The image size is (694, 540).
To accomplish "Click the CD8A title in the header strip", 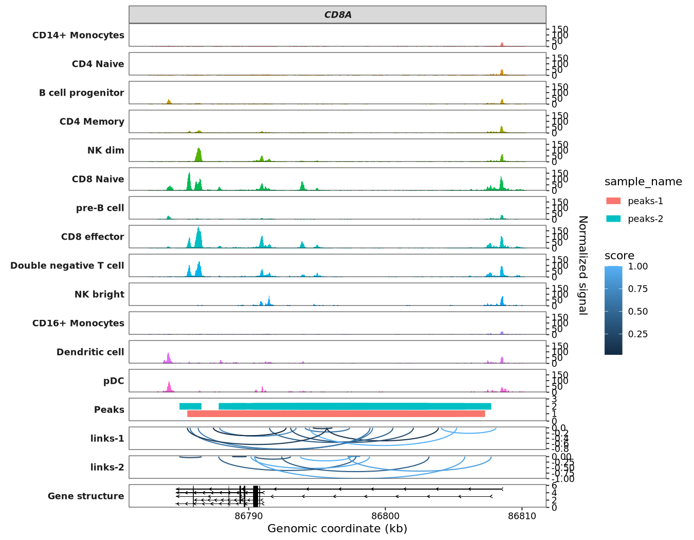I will (x=338, y=15).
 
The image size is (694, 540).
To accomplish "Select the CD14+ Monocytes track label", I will (x=78, y=35).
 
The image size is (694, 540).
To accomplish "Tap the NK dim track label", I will (x=105, y=151).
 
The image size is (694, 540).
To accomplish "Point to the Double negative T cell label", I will (x=67, y=266).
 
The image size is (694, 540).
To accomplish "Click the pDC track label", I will (x=114, y=381).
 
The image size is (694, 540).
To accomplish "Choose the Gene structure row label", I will (x=86, y=496).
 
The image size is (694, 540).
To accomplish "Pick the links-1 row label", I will (x=107, y=439).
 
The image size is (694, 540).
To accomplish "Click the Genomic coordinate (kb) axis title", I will (x=337, y=529).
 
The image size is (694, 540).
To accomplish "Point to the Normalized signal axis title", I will (x=582, y=265).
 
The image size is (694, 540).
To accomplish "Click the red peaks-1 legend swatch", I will (x=613, y=201).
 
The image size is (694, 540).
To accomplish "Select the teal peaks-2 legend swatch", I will (x=613, y=219).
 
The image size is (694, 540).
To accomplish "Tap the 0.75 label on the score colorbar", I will (x=638, y=289).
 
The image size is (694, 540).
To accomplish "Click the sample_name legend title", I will (x=643, y=182).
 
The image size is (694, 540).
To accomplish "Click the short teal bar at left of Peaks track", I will (x=190, y=406).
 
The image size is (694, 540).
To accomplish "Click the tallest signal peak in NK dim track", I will (x=199, y=155).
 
